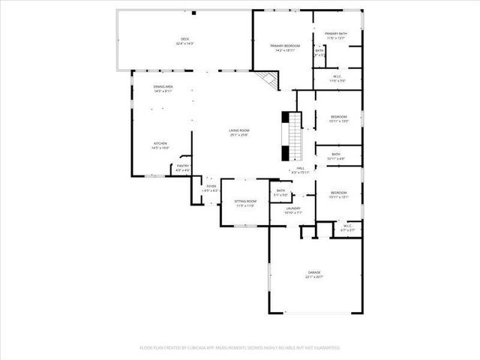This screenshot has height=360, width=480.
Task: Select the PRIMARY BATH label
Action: (336, 34)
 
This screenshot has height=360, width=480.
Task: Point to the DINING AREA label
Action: (163, 87)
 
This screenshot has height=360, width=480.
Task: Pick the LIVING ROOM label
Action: (238, 131)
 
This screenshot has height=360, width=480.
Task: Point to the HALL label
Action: (300, 169)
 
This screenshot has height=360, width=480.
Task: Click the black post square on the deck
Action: (193, 13)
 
